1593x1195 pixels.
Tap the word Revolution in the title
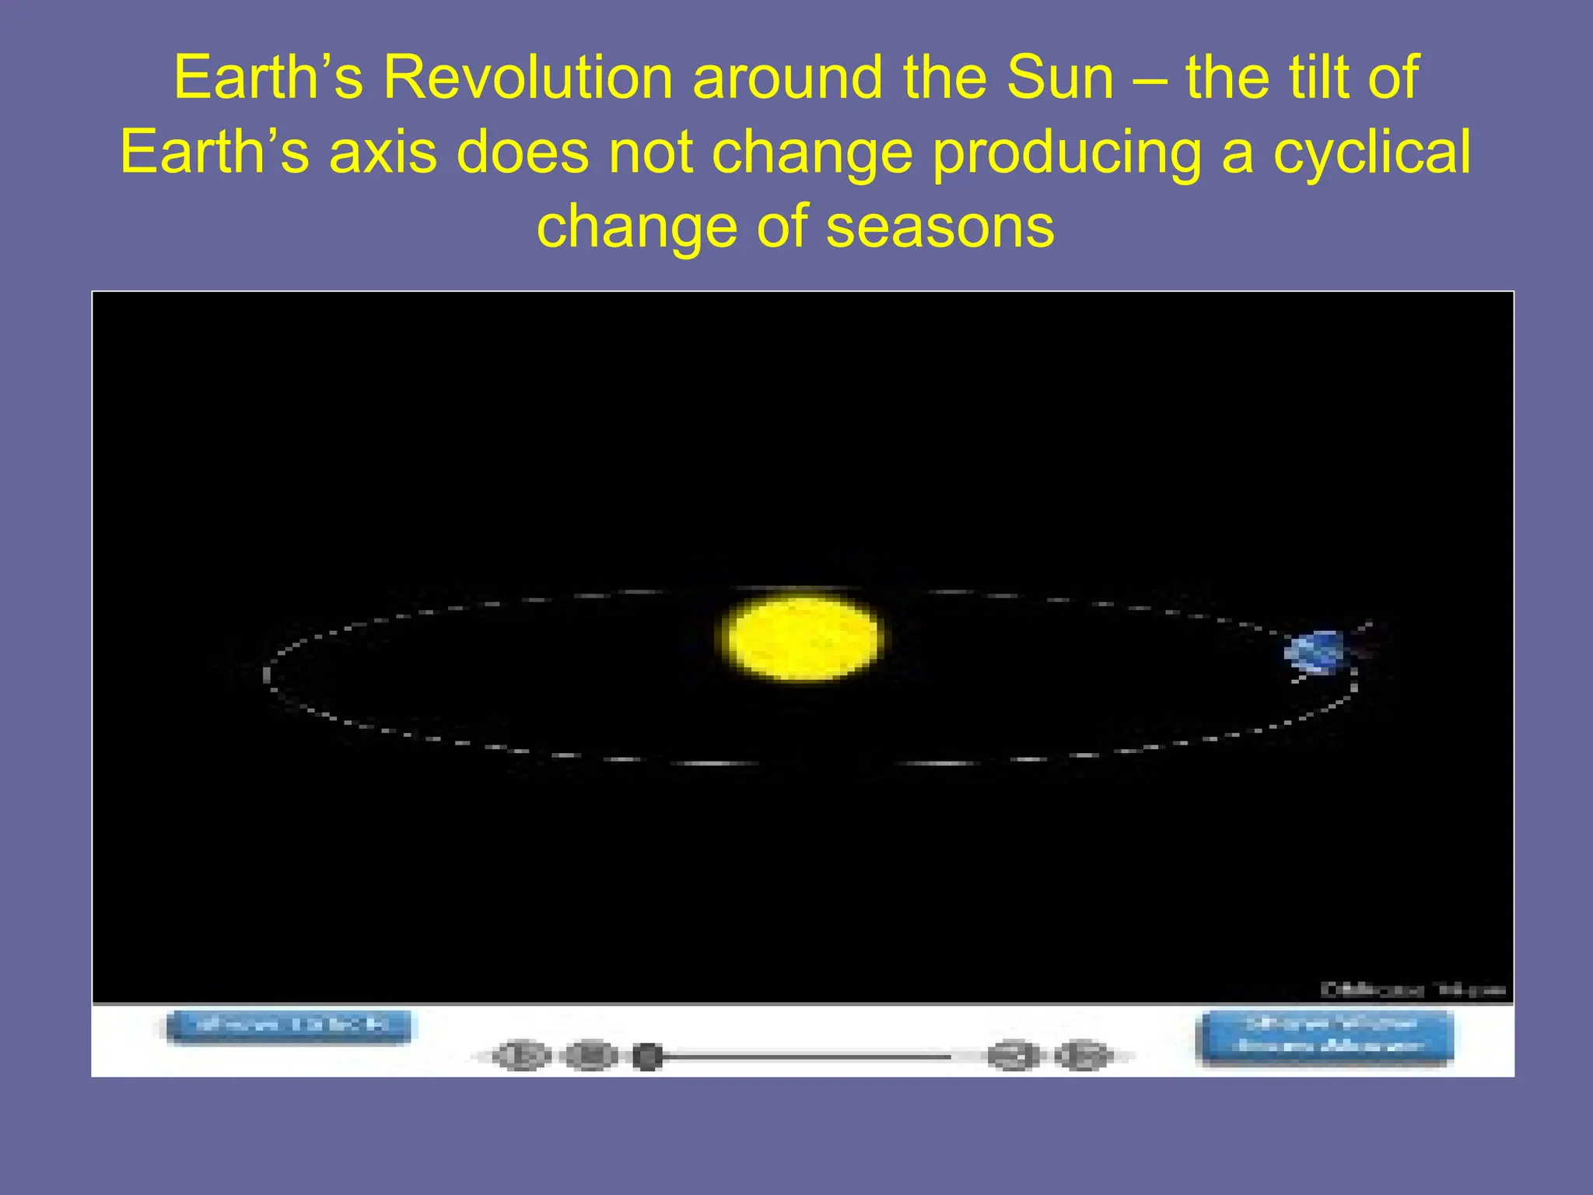(x=527, y=78)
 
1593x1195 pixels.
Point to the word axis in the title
(x=383, y=152)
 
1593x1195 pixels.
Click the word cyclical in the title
(x=1371, y=152)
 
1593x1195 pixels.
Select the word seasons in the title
(x=940, y=226)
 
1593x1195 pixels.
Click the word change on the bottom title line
(x=636, y=226)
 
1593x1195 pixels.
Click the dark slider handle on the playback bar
(x=647, y=1057)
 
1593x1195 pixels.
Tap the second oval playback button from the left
(x=590, y=1056)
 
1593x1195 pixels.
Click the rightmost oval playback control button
(x=1083, y=1057)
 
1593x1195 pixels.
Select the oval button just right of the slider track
(x=1014, y=1057)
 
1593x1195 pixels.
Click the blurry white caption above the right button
(x=1413, y=990)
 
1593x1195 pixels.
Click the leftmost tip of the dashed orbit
(x=267, y=674)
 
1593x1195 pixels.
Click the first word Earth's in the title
(x=268, y=78)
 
